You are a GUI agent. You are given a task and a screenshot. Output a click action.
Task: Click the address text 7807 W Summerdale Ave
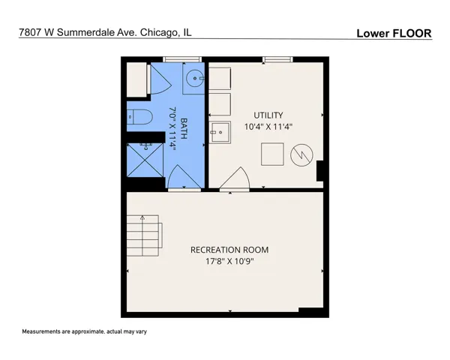coord(78,32)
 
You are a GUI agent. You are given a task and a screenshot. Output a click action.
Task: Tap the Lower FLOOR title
coord(394,33)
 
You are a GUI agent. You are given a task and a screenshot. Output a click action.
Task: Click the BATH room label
coord(184,128)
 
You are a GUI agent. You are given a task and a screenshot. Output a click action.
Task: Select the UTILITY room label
coord(268,115)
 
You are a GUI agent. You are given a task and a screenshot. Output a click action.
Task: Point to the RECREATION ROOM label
coord(229,250)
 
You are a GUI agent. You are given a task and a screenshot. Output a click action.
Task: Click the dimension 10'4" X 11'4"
coord(268,127)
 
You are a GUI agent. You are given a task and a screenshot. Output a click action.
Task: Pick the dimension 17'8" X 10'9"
coord(229,262)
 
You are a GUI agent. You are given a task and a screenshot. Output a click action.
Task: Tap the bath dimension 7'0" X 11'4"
coord(172,128)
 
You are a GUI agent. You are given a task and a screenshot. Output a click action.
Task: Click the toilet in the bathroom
coord(139,117)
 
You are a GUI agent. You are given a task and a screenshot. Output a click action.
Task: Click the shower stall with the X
coord(145,160)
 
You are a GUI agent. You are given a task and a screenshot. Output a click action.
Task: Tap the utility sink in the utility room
coord(220,132)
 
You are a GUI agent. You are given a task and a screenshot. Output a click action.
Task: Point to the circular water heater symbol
coord(301,155)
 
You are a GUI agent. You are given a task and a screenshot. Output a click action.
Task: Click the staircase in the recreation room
coord(143,235)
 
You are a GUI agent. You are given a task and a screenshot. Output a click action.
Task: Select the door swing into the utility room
coord(235,178)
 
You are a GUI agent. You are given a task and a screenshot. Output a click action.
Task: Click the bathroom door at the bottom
coord(184,178)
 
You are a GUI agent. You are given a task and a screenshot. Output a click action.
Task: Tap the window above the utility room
coord(277,59)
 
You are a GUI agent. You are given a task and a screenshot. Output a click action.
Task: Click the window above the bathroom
coord(182,59)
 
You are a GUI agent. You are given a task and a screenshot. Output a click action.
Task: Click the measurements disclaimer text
coord(84,331)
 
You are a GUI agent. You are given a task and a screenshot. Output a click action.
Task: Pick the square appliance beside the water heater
coord(272,154)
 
